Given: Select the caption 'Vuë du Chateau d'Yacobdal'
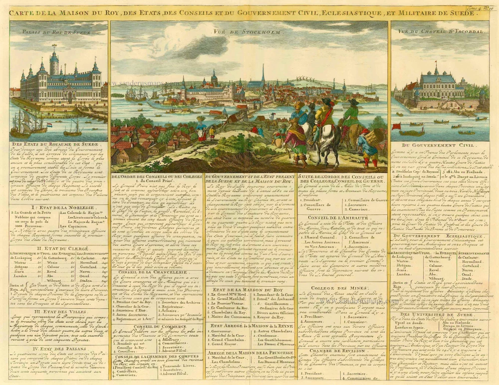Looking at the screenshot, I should (x=443, y=31).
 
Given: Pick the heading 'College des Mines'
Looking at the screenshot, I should (x=342, y=288).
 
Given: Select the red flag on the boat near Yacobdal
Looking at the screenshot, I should (x=397, y=126).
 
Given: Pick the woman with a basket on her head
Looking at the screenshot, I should (x=201, y=129).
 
